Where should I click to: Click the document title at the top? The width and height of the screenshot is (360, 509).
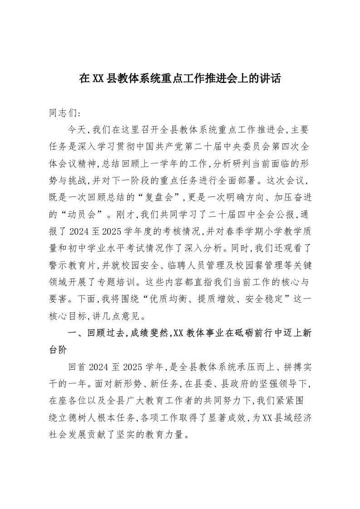pyautogui.click(x=180, y=79)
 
